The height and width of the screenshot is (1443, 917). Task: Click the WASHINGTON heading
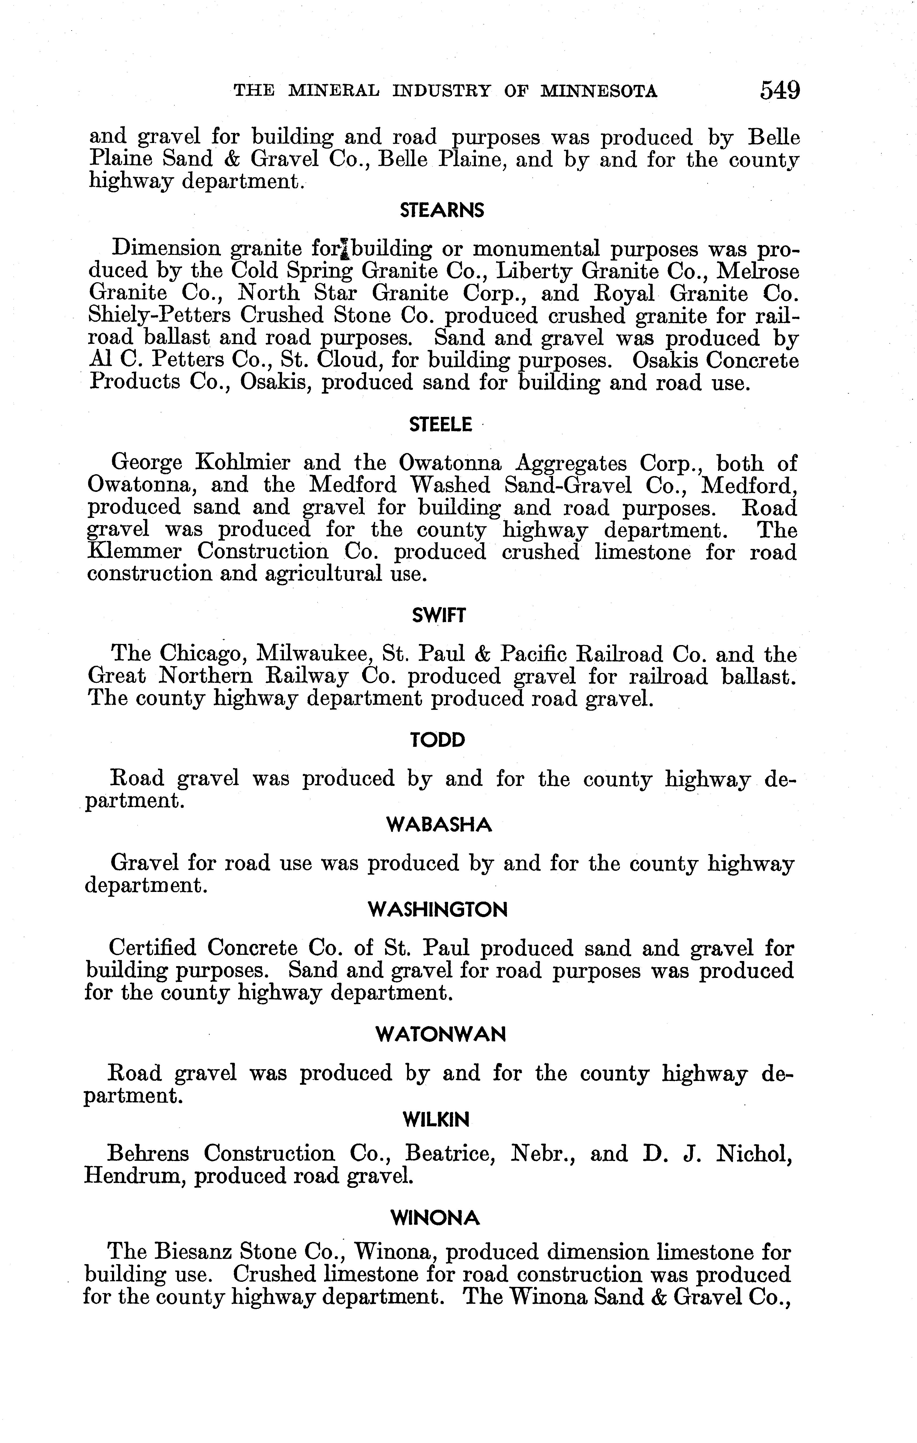[438, 910]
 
